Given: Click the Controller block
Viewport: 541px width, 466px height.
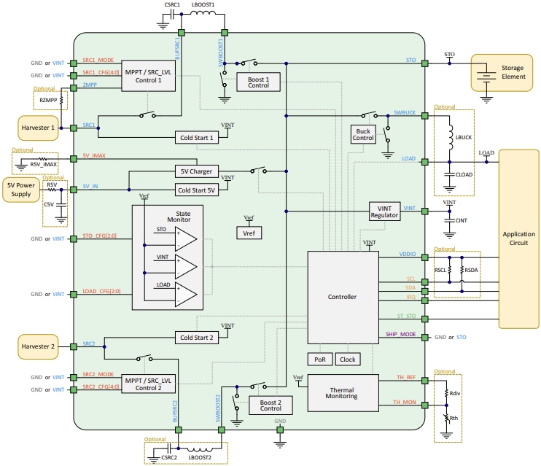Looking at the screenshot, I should (x=343, y=297).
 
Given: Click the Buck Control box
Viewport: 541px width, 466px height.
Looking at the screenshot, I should (x=363, y=133).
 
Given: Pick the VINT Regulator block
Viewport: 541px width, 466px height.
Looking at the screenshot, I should (x=384, y=211).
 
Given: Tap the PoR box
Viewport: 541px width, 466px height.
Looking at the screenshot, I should (x=320, y=360).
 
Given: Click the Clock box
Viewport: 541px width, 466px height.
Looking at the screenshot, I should (x=348, y=360).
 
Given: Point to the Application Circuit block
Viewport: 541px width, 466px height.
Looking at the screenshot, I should (x=519, y=238).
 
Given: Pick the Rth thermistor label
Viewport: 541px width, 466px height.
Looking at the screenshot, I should (x=455, y=419).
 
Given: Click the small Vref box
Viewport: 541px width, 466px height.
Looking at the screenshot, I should (x=249, y=233).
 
